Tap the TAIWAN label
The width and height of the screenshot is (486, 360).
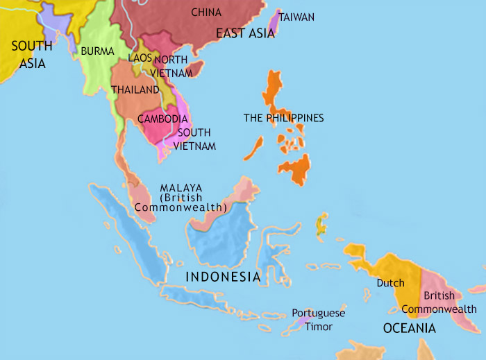pos(297,17)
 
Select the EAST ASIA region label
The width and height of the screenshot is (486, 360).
pos(244,33)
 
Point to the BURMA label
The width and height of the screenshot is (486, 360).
pos(93,51)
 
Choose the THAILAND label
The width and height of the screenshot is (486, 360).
pos(134,90)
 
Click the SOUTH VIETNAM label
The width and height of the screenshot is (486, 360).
pos(195,139)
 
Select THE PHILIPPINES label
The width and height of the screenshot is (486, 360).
pos(283,118)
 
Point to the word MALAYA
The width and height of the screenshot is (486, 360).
pos(181,188)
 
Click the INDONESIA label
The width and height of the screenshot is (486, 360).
pos(222,277)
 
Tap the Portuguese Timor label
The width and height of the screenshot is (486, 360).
pos(318,320)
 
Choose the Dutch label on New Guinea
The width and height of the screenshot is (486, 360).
pos(390,283)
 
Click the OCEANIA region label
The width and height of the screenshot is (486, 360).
pos(410,328)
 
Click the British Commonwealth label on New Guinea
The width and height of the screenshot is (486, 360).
pos(450,302)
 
